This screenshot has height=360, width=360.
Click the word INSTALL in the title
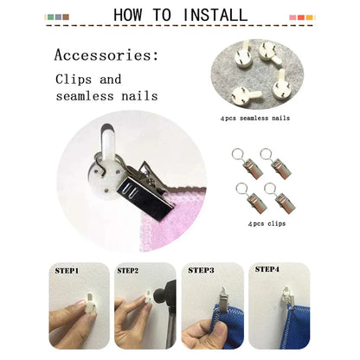click(215, 15)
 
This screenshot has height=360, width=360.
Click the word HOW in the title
click(128, 15)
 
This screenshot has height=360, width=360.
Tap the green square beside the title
click(51, 17)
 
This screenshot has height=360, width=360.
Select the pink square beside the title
click(292, 17)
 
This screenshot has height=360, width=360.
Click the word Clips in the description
click(74, 80)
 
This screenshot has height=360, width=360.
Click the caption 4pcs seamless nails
click(255, 118)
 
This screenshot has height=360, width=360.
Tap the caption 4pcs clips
click(267, 223)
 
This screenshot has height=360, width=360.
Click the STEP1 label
click(67, 271)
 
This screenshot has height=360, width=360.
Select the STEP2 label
click(128, 271)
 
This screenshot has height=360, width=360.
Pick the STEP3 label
click(201, 270)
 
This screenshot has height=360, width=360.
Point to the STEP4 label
click(267, 269)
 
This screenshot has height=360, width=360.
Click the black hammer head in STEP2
click(163, 292)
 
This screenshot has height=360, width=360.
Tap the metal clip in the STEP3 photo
click(223, 300)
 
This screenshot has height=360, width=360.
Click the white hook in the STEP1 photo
click(89, 305)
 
